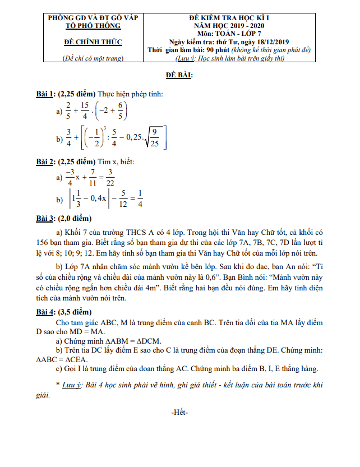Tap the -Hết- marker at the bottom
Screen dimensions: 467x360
click(x=179, y=413)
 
